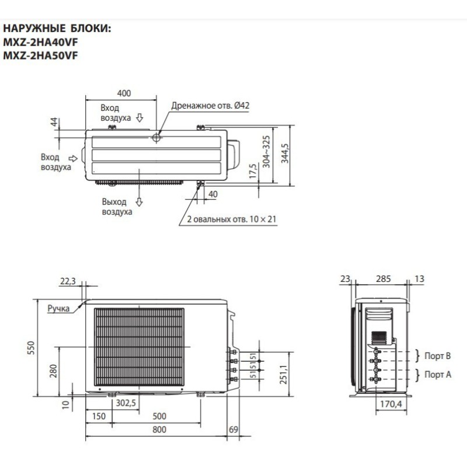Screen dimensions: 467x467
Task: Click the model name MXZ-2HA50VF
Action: (41, 56)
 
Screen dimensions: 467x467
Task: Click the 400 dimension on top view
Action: (124, 93)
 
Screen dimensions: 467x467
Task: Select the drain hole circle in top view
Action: (157, 138)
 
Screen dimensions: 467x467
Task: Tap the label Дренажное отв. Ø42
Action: (210, 106)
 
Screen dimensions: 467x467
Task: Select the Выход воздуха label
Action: (116, 207)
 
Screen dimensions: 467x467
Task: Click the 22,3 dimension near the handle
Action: (68, 281)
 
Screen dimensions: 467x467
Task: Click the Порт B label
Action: (438, 356)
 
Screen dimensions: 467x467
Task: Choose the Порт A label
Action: (438, 374)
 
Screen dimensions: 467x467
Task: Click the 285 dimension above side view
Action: (383, 279)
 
